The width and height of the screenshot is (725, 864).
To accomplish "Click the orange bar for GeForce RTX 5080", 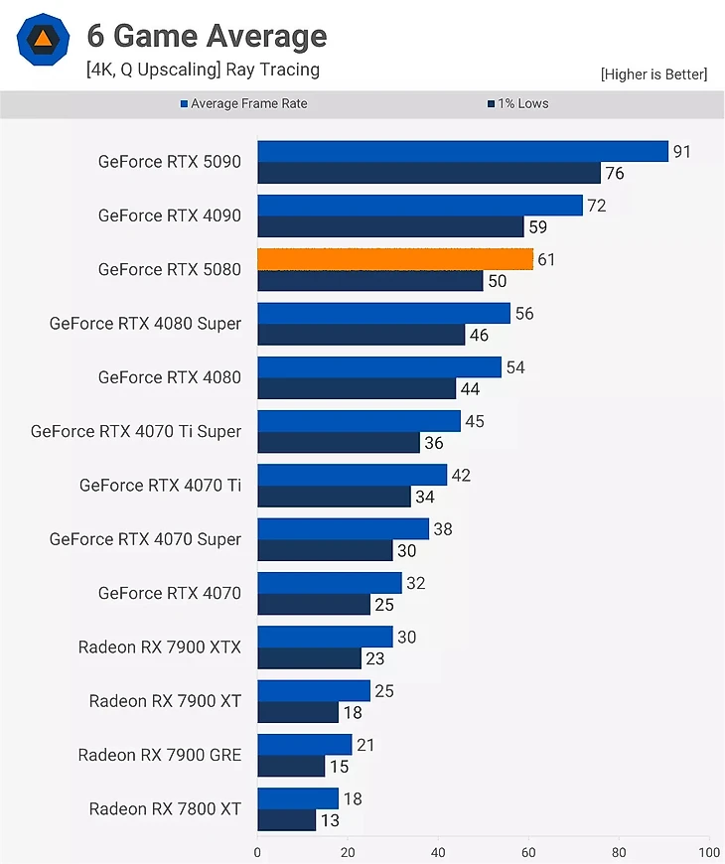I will tap(395, 259).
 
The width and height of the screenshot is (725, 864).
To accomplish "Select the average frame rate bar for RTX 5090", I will tap(463, 151).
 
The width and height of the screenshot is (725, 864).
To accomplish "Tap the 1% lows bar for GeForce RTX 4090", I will tap(390, 227).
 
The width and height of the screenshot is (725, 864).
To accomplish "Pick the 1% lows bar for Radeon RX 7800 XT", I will tap(286, 820).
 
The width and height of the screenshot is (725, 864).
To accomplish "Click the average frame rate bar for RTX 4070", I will tap(330, 583).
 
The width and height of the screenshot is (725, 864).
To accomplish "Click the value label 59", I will tap(538, 227).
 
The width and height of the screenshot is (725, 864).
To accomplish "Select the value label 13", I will tap(331, 820).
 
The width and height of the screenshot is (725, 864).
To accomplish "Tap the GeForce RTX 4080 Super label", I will tap(145, 324).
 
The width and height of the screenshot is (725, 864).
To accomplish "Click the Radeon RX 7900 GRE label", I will tap(160, 755).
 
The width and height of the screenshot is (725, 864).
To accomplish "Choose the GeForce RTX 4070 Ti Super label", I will tap(136, 431).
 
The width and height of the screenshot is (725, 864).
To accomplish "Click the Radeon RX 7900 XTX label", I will tap(160, 648).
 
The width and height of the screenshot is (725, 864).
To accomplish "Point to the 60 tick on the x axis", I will tap(528, 852).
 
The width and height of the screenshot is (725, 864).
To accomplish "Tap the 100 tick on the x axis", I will tap(708, 852).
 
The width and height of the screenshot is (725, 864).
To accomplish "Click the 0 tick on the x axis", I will tap(257, 852).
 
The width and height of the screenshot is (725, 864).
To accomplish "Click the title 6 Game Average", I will tap(207, 36).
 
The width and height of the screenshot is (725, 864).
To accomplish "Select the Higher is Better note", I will tap(653, 74).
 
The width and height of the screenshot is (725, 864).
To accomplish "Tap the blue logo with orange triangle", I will tap(44, 40).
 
